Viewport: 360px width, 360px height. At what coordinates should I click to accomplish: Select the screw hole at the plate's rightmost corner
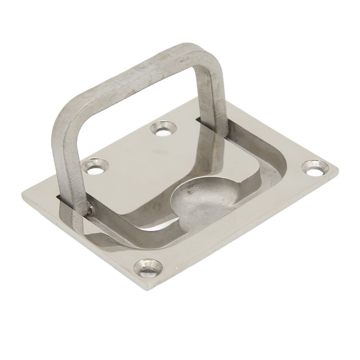tap(314, 169)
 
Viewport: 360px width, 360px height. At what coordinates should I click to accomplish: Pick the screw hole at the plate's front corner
tap(148, 268)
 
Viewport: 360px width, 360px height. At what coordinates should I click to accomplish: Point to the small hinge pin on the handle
tap(91, 209)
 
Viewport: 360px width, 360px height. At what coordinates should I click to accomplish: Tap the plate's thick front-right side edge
tap(252, 238)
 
